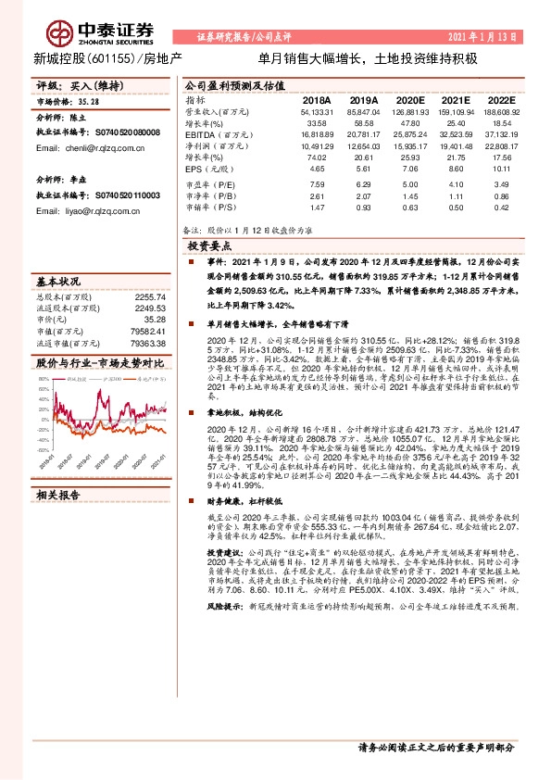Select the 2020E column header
(x=409, y=99)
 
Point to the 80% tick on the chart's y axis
(x=44, y=375)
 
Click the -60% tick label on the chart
(x=43, y=439)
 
